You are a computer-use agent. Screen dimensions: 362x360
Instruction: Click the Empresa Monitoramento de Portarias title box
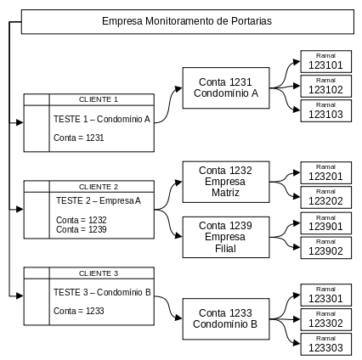pyautogui.click(x=188, y=22)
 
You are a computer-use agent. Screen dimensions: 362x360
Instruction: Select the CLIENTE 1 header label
pyautogui.click(x=99, y=99)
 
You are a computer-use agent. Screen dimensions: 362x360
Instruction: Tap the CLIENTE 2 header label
pyautogui.click(x=99, y=187)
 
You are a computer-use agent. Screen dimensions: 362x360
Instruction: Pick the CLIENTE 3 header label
pyautogui.click(x=99, y=273)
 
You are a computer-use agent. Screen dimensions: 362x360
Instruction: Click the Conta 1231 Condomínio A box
pyautogui.click(x=226, y=87)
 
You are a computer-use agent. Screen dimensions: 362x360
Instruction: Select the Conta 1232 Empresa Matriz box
pyautogui.click(x=226, y=182)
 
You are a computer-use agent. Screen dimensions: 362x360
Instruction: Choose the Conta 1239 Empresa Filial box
pyautogui.click(x=226, y=237)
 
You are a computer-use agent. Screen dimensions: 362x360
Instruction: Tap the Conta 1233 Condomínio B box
pyautogui.click(x=226, y=318)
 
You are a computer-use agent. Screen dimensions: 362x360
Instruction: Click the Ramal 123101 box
pyautogui.click(x=325, y=61)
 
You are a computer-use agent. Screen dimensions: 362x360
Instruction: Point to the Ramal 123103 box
pyautogui.click(x=325, y=110)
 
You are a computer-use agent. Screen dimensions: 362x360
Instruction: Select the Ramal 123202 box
pyautogui.click(x=325, y=197)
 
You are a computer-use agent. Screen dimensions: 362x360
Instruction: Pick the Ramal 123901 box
pyautogui.click(x=325, y=223)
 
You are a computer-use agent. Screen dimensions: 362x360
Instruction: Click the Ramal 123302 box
pyautogui.click(x=325, y=319)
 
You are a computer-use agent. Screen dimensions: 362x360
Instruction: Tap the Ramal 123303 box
pyautogui.click(x=325, y=344)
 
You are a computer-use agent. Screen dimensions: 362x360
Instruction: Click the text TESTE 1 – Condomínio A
pyautogui.click(x=102, y=119)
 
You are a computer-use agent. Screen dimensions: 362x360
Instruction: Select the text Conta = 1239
pyautogui.click(x=82, y=229)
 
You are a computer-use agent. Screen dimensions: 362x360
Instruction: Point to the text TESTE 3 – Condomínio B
pyautogui.click(x=102, y=292)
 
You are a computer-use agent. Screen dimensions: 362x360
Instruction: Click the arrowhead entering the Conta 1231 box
pyautogui.click(x=178, y=89)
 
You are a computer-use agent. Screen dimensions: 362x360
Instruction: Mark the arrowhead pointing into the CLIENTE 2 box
pyautogui.click(x=20, y=210)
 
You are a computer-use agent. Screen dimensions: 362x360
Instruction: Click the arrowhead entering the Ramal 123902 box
pyautogui.click(x=297, y=247)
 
